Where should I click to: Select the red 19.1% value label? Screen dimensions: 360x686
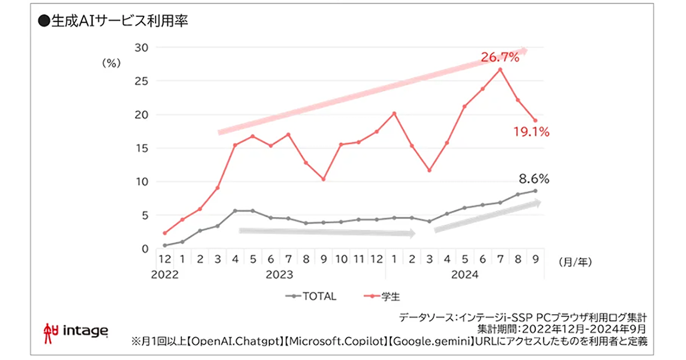click(531, 133)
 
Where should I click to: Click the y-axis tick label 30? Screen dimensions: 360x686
click(141, 47)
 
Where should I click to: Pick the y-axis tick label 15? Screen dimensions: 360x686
click(141, 148)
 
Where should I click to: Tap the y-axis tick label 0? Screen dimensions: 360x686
click(145, 249)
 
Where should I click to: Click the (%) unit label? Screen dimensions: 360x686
click(110, 63)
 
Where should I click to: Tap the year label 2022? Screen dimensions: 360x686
click(165, 275)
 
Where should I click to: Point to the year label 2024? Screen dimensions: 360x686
click(465, 275)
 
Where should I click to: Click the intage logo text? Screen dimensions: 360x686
click(85, 330)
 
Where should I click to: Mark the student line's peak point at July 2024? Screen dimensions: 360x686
click(500, 70)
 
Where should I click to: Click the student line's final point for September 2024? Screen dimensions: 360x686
click(535, 121)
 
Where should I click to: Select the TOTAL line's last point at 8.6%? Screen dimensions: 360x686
click(535, 191)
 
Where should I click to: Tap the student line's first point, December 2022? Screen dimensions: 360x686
click(165, 233)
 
